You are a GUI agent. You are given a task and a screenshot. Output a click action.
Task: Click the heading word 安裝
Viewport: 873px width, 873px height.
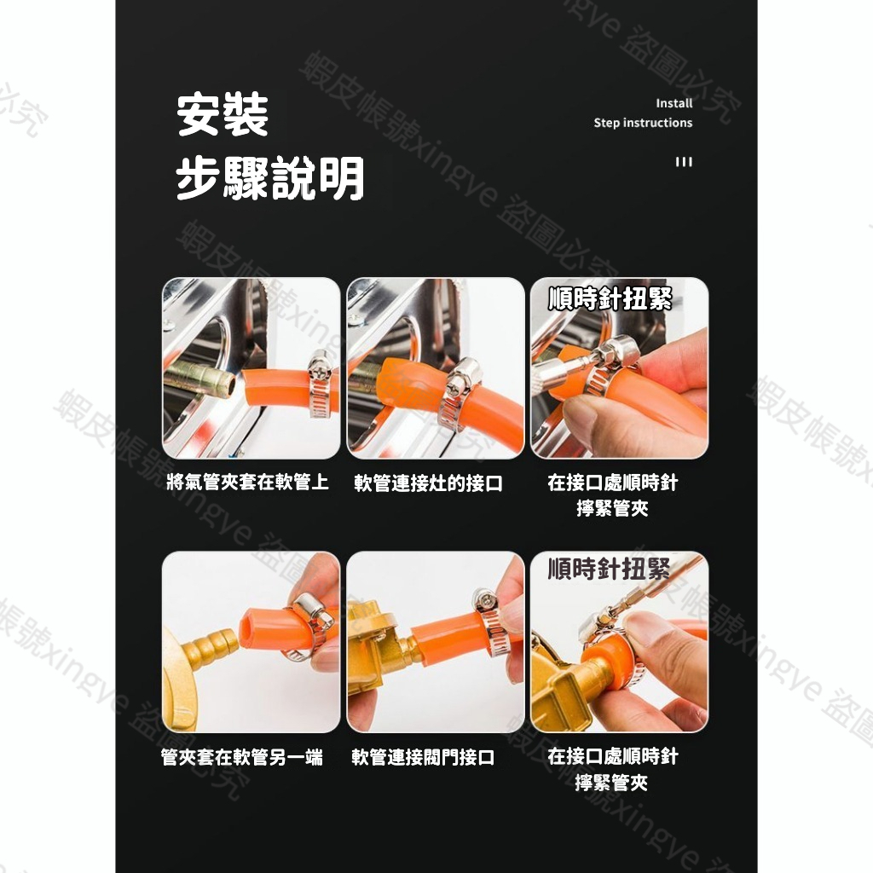click(223, 115)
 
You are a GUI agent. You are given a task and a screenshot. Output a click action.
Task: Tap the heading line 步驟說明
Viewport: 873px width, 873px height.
click(270, 178)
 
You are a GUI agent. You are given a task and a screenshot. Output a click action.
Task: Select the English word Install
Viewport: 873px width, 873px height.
click(674, 103)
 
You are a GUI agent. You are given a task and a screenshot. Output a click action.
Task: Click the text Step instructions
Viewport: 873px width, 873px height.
click(643, 123)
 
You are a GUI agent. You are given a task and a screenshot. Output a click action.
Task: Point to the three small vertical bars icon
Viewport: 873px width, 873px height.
click(684, 162)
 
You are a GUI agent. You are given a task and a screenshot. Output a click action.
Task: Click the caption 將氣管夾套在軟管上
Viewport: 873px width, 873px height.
click(248, 483)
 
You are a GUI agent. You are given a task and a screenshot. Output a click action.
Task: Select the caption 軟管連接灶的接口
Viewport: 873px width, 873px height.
click(428, 483)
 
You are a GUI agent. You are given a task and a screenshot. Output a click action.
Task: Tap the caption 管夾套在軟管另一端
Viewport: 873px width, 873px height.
click(241, 757)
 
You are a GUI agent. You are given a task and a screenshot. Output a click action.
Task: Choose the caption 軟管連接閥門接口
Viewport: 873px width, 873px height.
click(423, 757)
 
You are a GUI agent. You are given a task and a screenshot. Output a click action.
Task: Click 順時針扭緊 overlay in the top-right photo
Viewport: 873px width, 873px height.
click(610, 299)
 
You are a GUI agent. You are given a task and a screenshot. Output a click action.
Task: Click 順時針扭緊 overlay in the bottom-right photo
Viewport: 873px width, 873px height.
click(609, 569)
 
